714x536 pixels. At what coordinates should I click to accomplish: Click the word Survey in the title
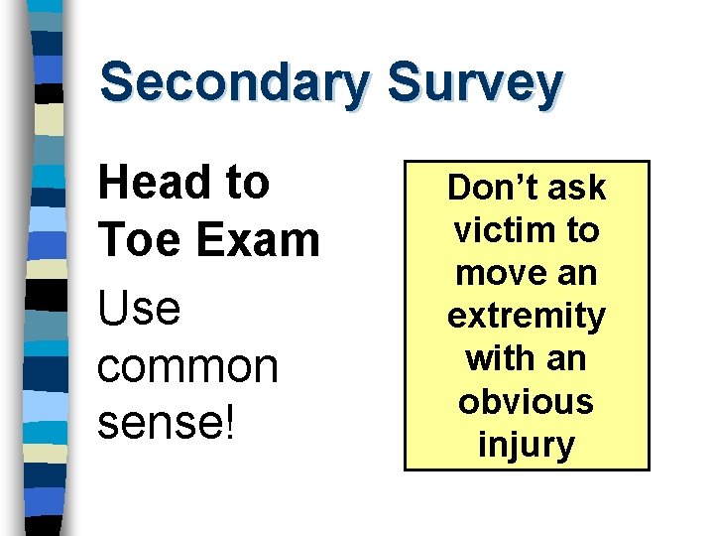click(x=475, y=82)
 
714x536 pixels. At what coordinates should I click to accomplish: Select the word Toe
click(x=134, y=239)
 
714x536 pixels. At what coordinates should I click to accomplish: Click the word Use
click(x=139, y=309)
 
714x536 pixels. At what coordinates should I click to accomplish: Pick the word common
click(x=187, y=367)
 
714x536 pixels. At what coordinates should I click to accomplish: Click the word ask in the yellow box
click(x=576, y=188)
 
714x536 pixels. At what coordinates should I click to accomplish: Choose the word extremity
click(x=526, y=317)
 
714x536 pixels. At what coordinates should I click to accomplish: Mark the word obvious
click(x=526, y=401)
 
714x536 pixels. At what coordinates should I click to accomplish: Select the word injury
click(x=526, y=444)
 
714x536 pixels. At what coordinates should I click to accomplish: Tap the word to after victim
click(x=582, y=230)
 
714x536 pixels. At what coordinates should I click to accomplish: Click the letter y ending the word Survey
click(x=548, y=86)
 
